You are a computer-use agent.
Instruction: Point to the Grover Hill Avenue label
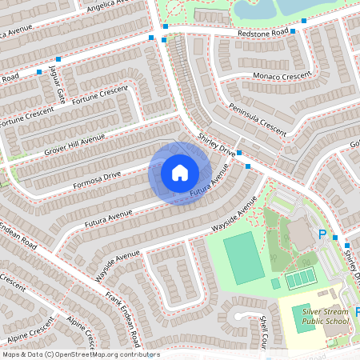(75, 143)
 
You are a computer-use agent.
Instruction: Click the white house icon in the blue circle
(180, 173)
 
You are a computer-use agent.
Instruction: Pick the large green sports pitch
(243, 258)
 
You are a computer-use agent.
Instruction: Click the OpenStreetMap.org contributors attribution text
(104, 354)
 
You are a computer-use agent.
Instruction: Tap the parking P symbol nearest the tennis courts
(323, 234)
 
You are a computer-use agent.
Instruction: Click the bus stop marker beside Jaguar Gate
(58, 60)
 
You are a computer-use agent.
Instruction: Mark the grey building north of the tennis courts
(302, 233)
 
